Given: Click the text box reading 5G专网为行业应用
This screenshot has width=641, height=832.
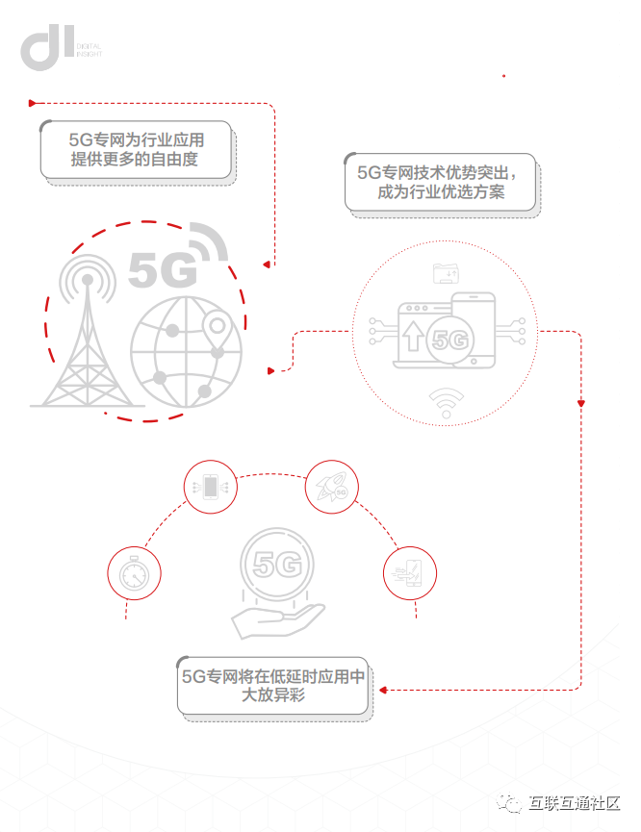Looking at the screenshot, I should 136,149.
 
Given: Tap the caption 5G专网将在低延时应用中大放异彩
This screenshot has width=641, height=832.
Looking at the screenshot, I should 272,685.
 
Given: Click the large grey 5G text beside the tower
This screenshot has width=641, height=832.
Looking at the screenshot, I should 163,271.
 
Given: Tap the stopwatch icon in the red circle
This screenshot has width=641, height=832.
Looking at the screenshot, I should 134,573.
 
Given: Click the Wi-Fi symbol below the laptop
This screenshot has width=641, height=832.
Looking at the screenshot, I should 446,402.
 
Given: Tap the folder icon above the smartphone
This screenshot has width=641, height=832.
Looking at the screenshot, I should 446,274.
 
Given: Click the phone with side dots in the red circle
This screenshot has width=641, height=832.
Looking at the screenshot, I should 210,487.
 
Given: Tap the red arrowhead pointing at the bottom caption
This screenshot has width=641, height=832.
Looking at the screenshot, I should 381,690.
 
